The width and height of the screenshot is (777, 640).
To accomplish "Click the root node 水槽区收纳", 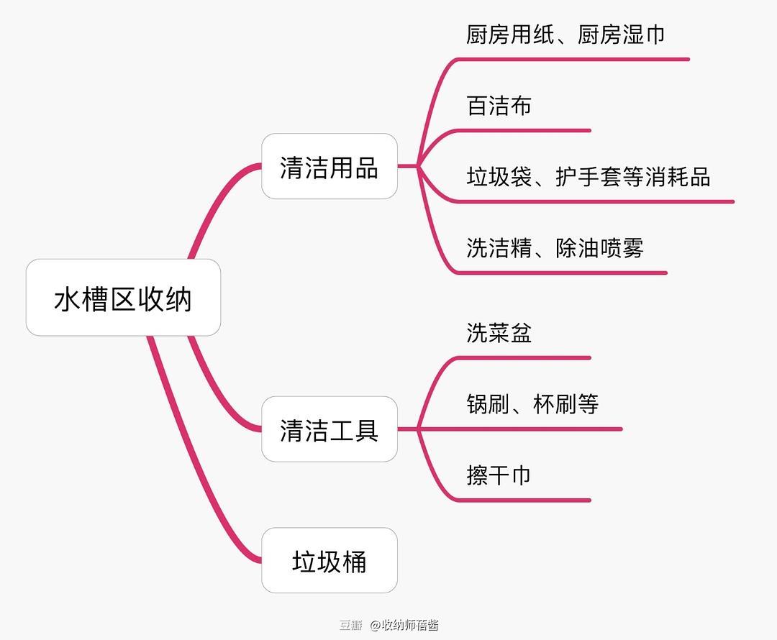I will [x=123, y=298].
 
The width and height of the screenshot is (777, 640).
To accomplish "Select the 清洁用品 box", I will [x=329, y=167].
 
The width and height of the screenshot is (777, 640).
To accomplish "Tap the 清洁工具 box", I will [x=329, y=429].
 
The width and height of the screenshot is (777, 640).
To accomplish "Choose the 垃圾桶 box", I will [x=329, y=561].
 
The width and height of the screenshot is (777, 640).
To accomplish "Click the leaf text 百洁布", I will [x=499, y=106].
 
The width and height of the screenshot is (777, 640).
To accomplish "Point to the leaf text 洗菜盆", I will [x=499, y=333].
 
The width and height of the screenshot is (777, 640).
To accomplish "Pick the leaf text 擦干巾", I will [x=499, y=475].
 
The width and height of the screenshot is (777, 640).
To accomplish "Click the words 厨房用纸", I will [x=510, y=35].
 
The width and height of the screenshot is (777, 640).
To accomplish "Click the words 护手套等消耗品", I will [x=632, y=177].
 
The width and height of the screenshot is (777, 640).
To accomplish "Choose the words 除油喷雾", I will [x=599, y=248].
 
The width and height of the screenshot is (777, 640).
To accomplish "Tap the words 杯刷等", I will [x=565, y=404].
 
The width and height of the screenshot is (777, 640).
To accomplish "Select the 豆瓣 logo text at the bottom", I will [x=350, y=625].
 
